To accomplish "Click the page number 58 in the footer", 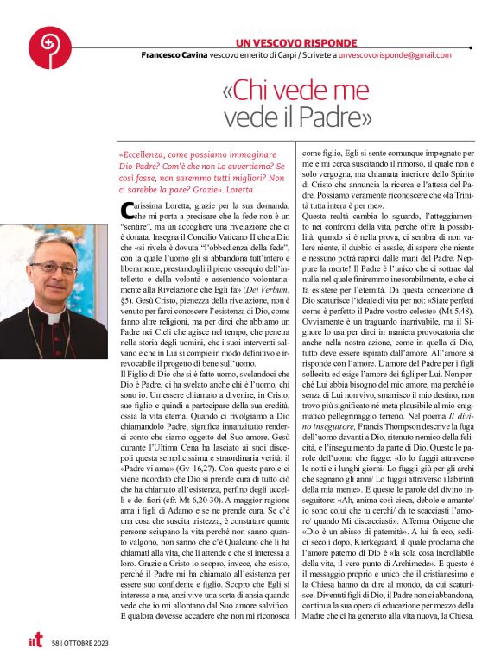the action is click(56, 643).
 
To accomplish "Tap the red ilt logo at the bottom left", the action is click(34, 641).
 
